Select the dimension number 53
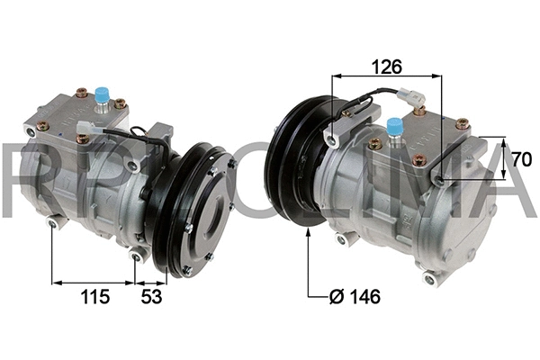pos(152,296)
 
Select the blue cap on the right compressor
pos(394,126)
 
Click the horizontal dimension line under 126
pos(387,77)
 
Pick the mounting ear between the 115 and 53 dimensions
pos(137,256)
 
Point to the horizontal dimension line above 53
pos(151,282)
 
